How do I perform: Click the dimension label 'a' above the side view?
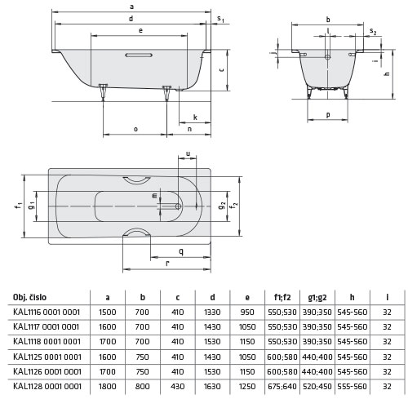pyautogui.click(x=131, y=7)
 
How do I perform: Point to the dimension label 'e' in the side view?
pyautogui.click(x=140, y=30)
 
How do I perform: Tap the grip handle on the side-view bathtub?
pyautogui.click(x=139, y=55)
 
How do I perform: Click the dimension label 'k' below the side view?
pyautogui.click(x=195, y=118)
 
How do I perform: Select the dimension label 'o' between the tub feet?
pyautogui.click(x=135, y=129)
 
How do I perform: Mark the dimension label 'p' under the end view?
pyautogui.click(x=328, y=115)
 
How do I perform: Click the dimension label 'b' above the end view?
pyautogui.click(x=328, y=20)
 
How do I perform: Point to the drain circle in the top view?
pyautogui.click(x=178, y=206)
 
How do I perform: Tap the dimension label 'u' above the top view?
pyautogui.click(x=188, y=154)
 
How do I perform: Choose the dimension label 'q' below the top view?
pyautogui.click(x=181, y=251)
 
